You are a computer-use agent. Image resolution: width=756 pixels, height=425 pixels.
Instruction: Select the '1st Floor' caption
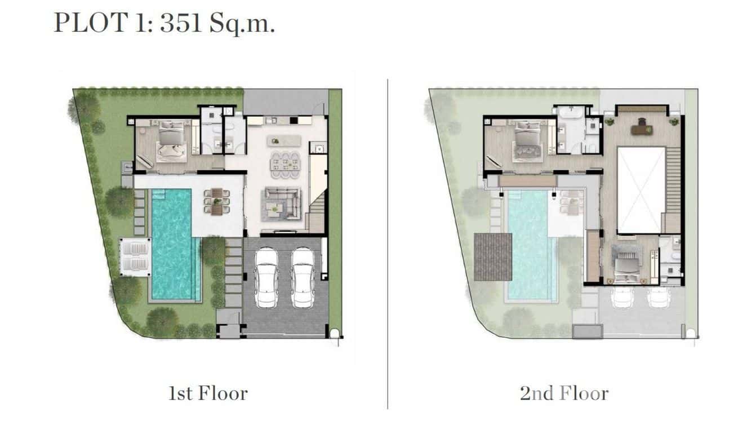click(x=208, y=393)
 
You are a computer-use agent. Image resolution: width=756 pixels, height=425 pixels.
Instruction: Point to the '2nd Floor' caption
click(x=564, y=393)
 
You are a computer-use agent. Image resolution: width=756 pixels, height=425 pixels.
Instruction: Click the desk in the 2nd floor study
click(x=641, y=129)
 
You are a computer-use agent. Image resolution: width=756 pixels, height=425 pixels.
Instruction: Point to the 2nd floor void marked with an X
click(x=641, y=189)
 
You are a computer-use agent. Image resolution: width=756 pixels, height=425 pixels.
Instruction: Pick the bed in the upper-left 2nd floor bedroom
click(x=526, y=143)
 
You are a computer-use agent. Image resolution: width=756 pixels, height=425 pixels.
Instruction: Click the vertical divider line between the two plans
click(x=388, y=242)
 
